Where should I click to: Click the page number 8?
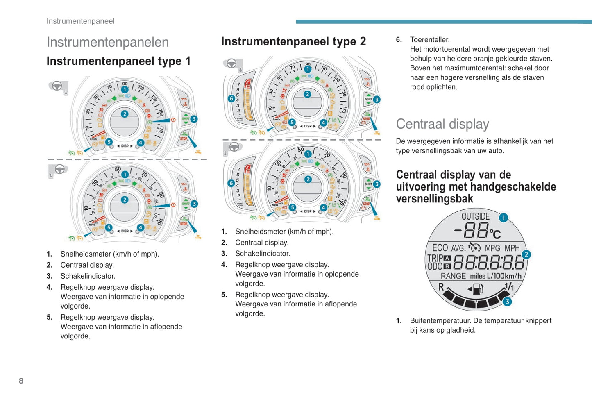click(x=21, y=381)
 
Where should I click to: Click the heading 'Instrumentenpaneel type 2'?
click(x=293, y=41)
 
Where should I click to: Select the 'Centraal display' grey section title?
click(x=442, y=124)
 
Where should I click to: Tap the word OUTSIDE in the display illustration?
click(x=475, y=216)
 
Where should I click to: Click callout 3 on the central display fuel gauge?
click(x=507, y=302)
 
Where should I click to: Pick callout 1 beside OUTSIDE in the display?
click(x=503, y=218)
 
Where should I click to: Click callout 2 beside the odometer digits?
click(x=526, y=254)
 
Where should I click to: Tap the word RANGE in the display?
click(x=453, y=276)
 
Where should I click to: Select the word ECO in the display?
click(x=440, y=248)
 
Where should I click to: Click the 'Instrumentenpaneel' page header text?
click(x=80, y=21)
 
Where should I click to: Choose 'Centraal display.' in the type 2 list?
click(x=262, y=243)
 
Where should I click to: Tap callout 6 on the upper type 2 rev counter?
click(x=231, y=98)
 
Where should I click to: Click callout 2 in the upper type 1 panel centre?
click(x=125, y=114)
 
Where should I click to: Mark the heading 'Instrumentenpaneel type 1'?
click(x=118, y=61)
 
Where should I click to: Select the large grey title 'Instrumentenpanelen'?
click(x=108, y=42)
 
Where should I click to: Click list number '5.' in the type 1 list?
click(x=50, y=317)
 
